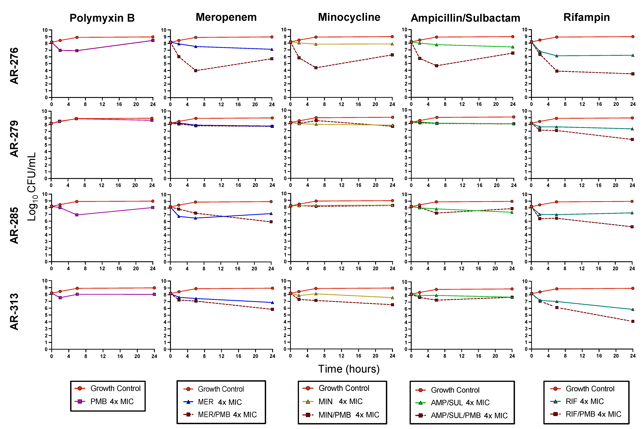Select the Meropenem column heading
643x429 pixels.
click(x=226, y=17)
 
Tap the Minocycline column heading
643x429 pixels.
click(x=349, y=17)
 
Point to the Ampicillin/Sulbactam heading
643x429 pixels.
click(x=465, y=18)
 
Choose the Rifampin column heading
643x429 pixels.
click(x=586, y=17)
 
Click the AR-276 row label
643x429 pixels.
click(x=14, y=66)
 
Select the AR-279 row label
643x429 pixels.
click(x=14, y=139)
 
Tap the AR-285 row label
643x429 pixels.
click(x=14, y=225)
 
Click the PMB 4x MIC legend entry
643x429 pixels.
click(x=112, y=401)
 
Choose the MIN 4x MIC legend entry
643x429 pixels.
click(x=340, y=401)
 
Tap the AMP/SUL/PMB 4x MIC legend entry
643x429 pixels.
click(x=469, y=415)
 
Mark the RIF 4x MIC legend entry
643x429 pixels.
click(x=584, y=401)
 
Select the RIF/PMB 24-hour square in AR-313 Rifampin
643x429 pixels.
click(x=633, y=321)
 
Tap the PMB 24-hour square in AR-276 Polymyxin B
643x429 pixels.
click(x=153, y=40)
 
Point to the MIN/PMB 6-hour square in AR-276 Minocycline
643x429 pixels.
click(x=316, y=68)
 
